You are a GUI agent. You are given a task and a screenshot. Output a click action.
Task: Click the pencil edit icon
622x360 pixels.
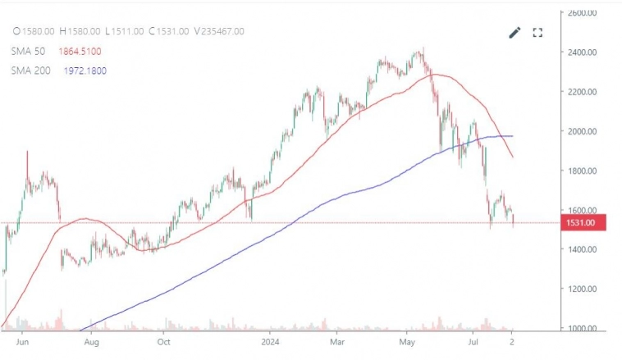pos(515,33)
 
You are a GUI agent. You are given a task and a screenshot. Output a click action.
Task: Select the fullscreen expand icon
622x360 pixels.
pos(538,33)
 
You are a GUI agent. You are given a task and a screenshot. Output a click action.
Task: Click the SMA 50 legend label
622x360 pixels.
pos(28,51)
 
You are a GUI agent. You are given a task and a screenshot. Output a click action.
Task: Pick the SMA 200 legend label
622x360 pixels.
pos(31,71)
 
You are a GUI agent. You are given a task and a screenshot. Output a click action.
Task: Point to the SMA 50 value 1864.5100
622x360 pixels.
pos(85,51)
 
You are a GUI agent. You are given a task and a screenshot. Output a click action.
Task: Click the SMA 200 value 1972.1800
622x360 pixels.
pos(85,71)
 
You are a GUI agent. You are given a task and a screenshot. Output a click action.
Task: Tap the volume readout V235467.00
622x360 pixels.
pos(219,31)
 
